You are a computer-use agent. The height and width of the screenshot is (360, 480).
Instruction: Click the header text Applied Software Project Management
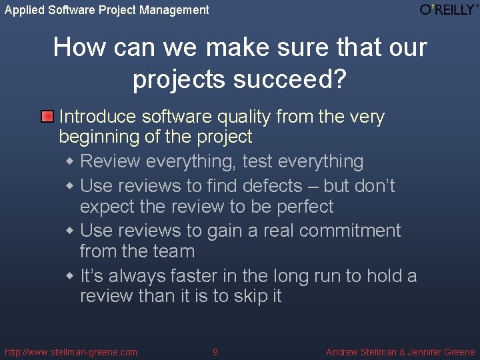(x=107, y=10)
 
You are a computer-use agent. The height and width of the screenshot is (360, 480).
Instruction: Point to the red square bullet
(x=47, y=117)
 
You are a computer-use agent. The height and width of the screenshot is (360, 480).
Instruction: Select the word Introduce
(x=98, y=117)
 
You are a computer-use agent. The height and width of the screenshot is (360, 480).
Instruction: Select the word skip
(x=251, y=297)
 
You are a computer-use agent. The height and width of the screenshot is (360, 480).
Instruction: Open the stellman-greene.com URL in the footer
(x=71, y=352)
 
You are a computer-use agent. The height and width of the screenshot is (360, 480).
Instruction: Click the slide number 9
(x=215, y=352)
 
